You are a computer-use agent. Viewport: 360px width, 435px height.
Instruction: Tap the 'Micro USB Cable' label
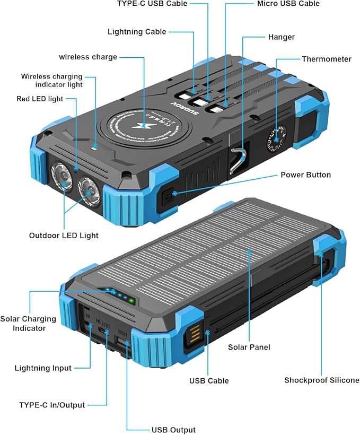tap(288, 4)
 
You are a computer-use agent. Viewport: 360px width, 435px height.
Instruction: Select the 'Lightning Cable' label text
tap(137, 32)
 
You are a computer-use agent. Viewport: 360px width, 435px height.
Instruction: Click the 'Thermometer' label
tap(327, 59)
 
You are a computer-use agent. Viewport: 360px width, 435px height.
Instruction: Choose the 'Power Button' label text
tap(305, 175)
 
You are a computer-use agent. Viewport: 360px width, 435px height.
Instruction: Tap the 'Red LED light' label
tap(40, 99)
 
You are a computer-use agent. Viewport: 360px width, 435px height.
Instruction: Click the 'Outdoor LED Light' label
tap(64, 235)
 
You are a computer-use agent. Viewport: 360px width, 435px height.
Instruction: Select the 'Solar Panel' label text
tap(249, 347)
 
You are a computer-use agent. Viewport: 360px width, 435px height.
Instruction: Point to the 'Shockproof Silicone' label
tap(321, 380)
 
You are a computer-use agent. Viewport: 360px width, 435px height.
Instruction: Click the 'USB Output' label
tap(173, 430)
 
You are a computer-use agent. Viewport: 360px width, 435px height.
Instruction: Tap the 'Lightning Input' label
tap(43, 368)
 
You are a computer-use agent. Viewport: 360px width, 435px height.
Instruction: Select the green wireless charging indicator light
tap(93, 147)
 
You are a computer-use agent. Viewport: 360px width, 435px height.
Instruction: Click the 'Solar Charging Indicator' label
tap(28, 324)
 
